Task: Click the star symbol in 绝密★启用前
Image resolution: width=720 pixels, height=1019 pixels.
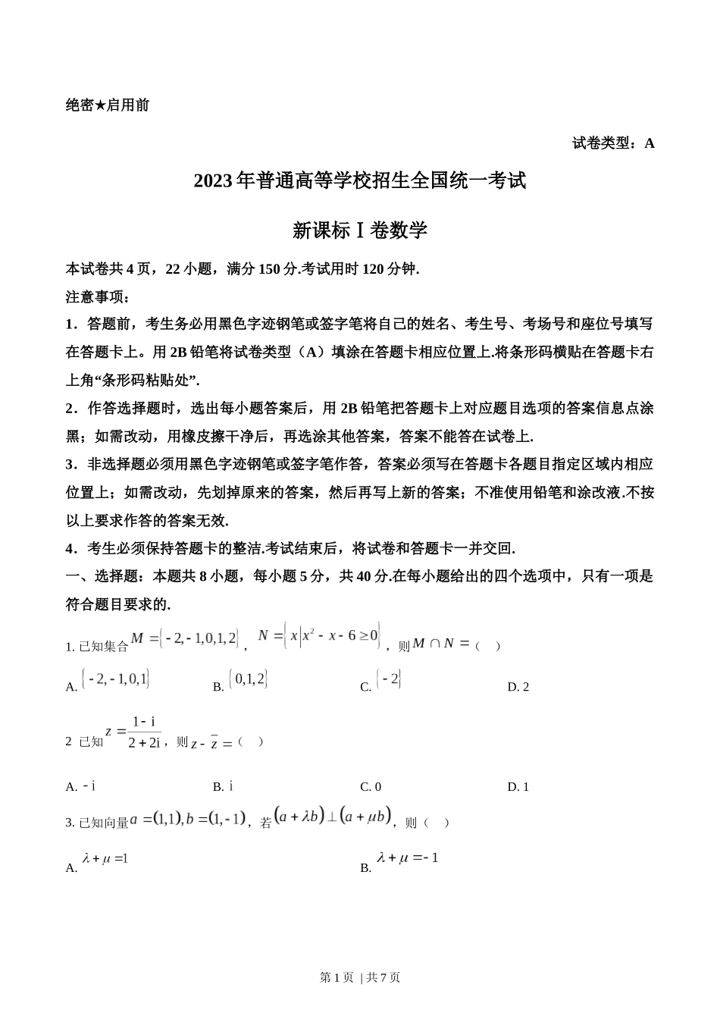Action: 100,105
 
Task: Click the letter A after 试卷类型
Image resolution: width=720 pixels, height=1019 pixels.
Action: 649,143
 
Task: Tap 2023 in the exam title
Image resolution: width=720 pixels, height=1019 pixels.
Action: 214,181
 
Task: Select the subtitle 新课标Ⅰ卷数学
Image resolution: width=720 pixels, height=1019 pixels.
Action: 360,230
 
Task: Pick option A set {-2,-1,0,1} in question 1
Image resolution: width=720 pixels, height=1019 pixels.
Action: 115,679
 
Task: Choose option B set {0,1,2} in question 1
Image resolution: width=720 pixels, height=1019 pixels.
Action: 249,679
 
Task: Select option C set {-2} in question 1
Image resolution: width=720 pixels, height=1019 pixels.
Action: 389,679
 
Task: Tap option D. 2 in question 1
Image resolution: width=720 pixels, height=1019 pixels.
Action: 518,687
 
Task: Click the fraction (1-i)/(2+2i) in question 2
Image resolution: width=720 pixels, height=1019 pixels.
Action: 144,732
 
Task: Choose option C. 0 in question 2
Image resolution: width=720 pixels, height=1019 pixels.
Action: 371,787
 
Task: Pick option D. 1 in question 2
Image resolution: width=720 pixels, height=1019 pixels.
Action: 518,787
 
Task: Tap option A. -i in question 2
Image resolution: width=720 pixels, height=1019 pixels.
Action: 81,787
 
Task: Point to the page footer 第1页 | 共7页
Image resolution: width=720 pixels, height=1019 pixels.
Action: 360,977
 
